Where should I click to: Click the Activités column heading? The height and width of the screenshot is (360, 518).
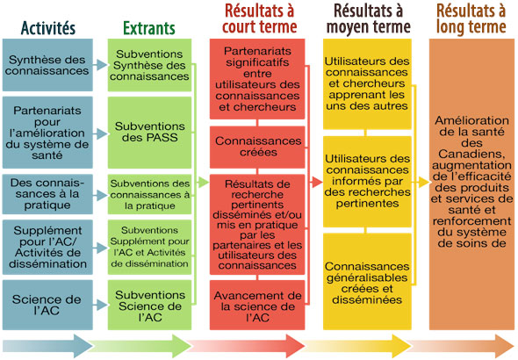[x=48, y=28]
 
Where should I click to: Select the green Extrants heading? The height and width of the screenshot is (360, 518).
[x=149, y=28]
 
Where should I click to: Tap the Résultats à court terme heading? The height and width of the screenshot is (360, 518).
[x=259, y=18]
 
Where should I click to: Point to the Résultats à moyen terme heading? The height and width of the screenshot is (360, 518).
[x=369, y=18]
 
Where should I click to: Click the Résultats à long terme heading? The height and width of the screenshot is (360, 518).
[x=471, y=18]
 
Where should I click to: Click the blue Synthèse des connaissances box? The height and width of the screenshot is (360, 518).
[x=47, y=65]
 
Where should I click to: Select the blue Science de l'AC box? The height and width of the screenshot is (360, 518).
[x=47, y=305]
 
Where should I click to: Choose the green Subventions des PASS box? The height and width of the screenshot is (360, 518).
[x=149, y=132]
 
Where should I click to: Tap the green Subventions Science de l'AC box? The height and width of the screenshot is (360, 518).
[x=149, y=305]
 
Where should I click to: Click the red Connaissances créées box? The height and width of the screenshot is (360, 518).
[x=257, y=147]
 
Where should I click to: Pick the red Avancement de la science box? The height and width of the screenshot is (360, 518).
[x=257, y=305]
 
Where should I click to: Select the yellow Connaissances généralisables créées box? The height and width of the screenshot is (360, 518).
[x=367, y=281]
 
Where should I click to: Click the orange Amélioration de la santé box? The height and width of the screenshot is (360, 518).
[x=471, y=184]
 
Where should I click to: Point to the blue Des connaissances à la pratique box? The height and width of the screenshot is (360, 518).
[x=47, y=194]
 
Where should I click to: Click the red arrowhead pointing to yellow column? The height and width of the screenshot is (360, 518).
[x=316, y=182]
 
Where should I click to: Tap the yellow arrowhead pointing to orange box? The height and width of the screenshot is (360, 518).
[x=423, y=182]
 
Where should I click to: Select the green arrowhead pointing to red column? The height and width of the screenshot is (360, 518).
[x=203, y=182]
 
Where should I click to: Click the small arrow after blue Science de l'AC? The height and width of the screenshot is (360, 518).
[x=100, y=305]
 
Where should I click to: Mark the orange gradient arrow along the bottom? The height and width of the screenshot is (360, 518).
[x=461, y=346]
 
